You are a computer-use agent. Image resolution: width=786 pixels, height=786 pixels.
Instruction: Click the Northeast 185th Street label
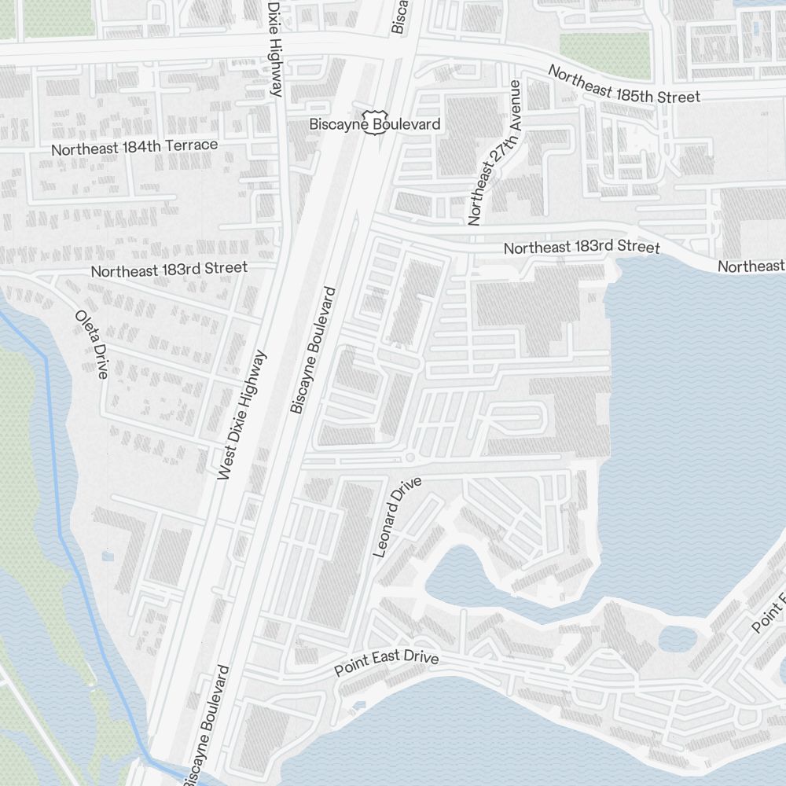pyautogui.click(x=623, y=85)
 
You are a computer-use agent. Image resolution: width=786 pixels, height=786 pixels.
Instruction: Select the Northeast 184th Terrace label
pyautogui.click(x=134, y=146)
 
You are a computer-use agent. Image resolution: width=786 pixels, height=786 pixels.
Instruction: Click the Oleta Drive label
pyautogui.click(x=91, y=344)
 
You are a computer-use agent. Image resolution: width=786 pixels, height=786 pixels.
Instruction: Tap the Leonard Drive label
pyautogui.click(x=398, y=516)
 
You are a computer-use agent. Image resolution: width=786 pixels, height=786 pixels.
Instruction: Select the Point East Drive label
pyautogui.click(x=386, y=663)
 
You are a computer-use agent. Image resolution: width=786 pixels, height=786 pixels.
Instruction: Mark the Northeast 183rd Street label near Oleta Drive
pyautogui.click(x=169, y=269)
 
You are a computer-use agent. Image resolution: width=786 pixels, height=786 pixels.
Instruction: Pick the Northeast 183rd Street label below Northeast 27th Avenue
pyautogui.click(x=582, y=247)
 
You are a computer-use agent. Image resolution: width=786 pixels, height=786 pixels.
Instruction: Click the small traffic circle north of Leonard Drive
pyautogui.click(x=410, y=457)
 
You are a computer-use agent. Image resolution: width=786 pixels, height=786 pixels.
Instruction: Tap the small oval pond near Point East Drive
pyautogui.click(x=678, y=638)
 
